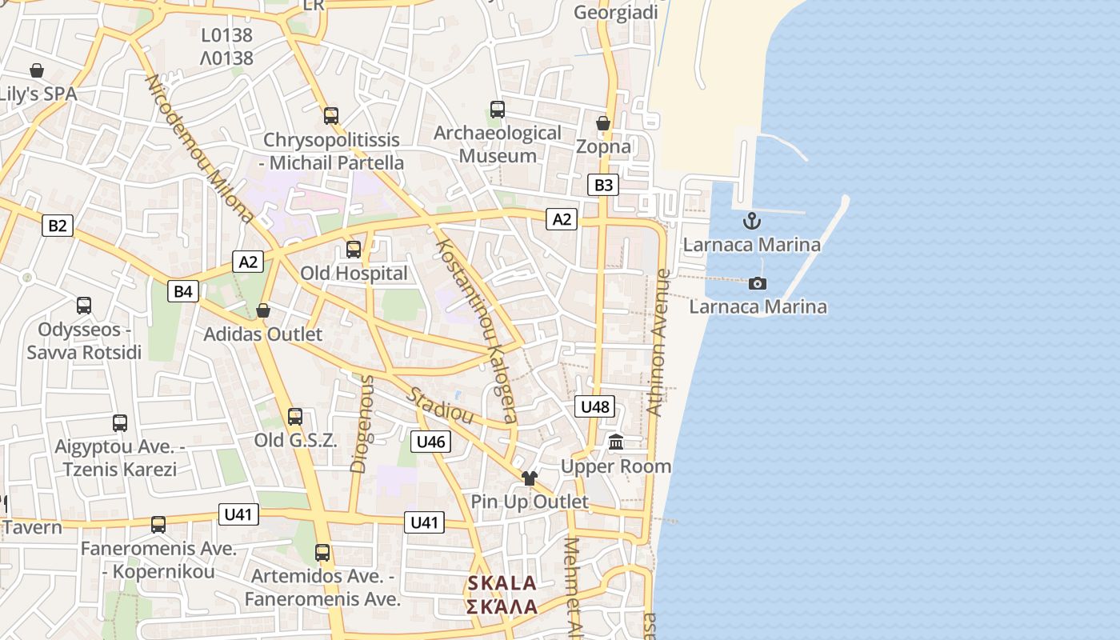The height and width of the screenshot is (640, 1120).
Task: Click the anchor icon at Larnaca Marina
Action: pyautogui.click(x=751, y=221)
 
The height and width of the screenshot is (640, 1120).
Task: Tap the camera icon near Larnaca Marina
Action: pyautogui.click(x=757, y=283)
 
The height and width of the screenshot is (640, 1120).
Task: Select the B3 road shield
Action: pyautogui.click(x=603, y=186)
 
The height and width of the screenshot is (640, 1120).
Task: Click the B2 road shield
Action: pyautogui.click(x=58, y=226)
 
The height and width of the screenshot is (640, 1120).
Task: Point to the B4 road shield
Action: pyautogui.click(x=183, y=291)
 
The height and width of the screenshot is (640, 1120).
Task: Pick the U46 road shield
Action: pyautogui.click(x=431, y=442)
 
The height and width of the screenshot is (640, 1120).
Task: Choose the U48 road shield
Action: pyautogui.click(x=594, y=407)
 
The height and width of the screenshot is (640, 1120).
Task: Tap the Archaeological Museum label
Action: pyautogui.click(x=498, y=144)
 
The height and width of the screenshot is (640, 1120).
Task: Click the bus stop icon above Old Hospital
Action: pyautogui.click(x=354, y=250)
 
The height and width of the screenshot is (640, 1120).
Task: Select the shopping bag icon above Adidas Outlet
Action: pyautogui.click(x=263, y=310)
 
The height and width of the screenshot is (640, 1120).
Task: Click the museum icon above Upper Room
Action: pyautogui.click(x=616, y=442)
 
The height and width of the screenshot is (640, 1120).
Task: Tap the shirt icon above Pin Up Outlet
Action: pyautogui.click(x=529, y=478)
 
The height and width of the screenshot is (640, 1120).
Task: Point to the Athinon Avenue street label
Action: pyautogui.click(x=658, y=342)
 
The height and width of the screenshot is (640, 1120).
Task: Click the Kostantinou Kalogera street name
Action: pyautogui.click(x=475, y=331)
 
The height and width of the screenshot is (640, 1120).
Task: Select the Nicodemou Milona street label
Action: pyautogui.click(x=199, y=149)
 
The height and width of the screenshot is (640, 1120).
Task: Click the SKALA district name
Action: pyautogui.click(x=502, y=582)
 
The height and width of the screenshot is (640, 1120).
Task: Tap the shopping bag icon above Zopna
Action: pyautogui.click(x=603, y=123)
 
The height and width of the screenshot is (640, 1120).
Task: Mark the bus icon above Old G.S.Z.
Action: pyautogui.click(x=295, y=417)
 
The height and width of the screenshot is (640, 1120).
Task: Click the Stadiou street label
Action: pyautogui.click(x=440, y=406)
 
